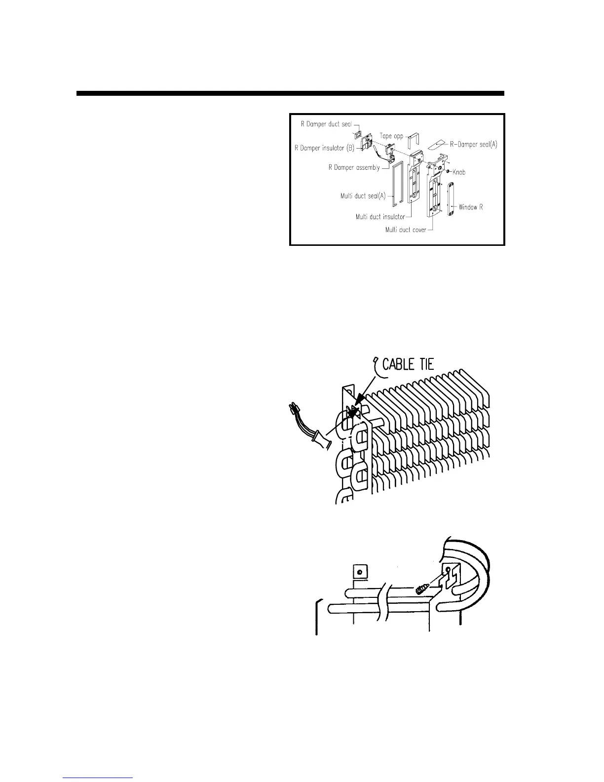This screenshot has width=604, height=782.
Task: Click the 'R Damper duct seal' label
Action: pos(326,124)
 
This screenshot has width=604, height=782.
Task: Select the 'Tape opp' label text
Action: pos(392,136)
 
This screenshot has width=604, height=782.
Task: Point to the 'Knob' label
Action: pos(458,172)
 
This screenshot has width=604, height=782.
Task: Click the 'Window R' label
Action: pos(471,207)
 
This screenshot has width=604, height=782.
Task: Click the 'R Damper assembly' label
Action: pos(354,167)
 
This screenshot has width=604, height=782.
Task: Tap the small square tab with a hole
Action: pos(360,573)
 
